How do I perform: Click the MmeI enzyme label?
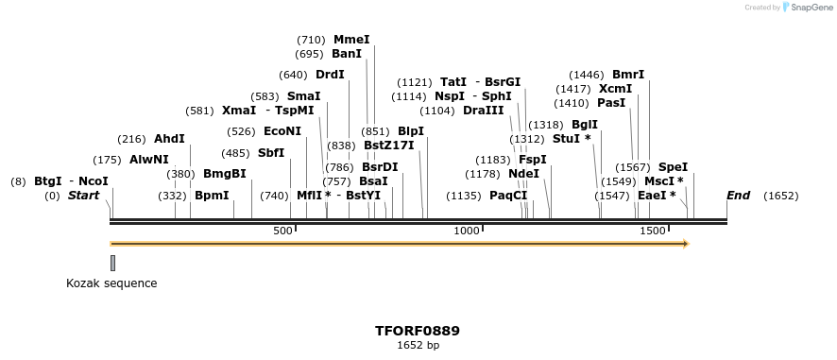tap(351, 40)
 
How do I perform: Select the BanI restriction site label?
tap(347, 54)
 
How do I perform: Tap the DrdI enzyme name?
tap(330, 75)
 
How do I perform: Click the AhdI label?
tap(169, 139)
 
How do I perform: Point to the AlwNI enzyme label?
tap(148, 160)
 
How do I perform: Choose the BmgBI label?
tap(224, 174)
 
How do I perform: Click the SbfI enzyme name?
tap(271, 153)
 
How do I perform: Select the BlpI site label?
tap(411, 131)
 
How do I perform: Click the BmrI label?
tap(628, 75)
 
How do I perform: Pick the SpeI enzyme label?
tap(673, 167)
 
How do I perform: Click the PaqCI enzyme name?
tap(508, 196)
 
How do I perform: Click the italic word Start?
tap(83, 196)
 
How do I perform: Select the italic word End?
tap(738, 196)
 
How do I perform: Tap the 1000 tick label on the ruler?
tap(468, 231)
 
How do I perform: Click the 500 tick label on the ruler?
tap(283, 231)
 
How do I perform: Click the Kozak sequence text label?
tap(111, 283)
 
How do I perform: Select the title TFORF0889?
tap(418, 331)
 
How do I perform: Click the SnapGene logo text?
tap(811, 8)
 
